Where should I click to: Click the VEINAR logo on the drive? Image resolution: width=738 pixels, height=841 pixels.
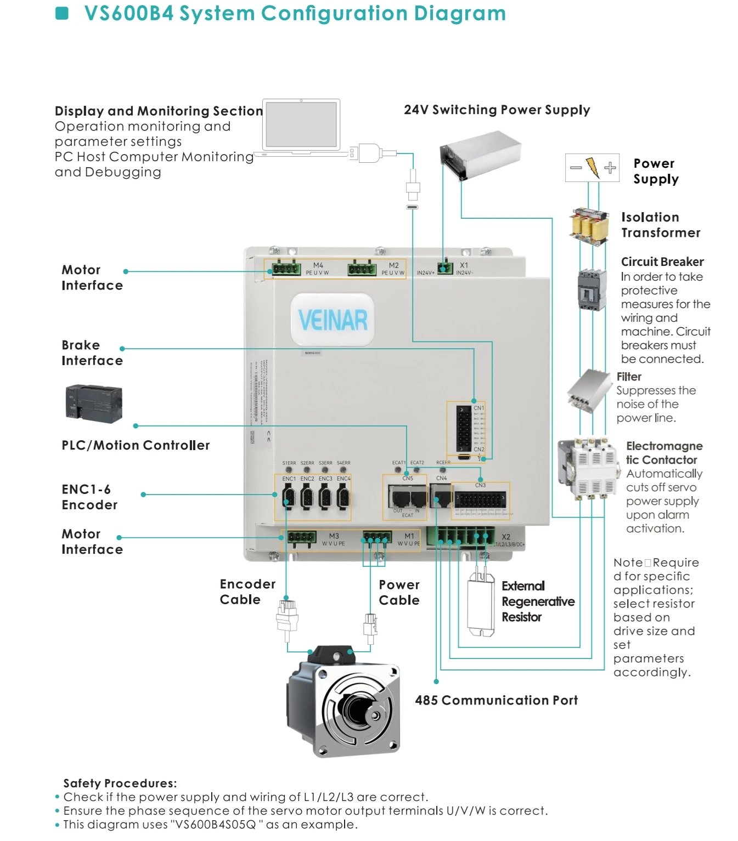click(x=333, y=320)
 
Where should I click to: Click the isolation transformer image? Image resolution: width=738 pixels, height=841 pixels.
click(x=590, y=226)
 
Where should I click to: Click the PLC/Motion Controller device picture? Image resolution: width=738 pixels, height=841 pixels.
click(x=94, y=404)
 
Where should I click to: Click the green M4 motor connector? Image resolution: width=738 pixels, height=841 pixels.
click(x=285, y=269)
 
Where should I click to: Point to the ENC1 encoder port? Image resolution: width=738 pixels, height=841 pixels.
click(x=289, y=497)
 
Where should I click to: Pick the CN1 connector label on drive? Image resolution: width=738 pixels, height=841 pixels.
click(x=478, y=408)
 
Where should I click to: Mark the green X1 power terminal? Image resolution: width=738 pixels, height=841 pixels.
click(x=446, y=268)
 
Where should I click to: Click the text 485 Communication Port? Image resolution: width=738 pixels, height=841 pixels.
click(x=496, y=700)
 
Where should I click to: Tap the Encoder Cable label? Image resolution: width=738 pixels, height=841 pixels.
click(x=247, y=592)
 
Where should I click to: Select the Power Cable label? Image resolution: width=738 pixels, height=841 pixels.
click(x=399, y=592)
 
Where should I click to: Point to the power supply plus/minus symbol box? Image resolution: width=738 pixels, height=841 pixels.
click(x=592, y=168)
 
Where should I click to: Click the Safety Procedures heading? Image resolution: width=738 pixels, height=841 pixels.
click(x=120, y=783)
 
